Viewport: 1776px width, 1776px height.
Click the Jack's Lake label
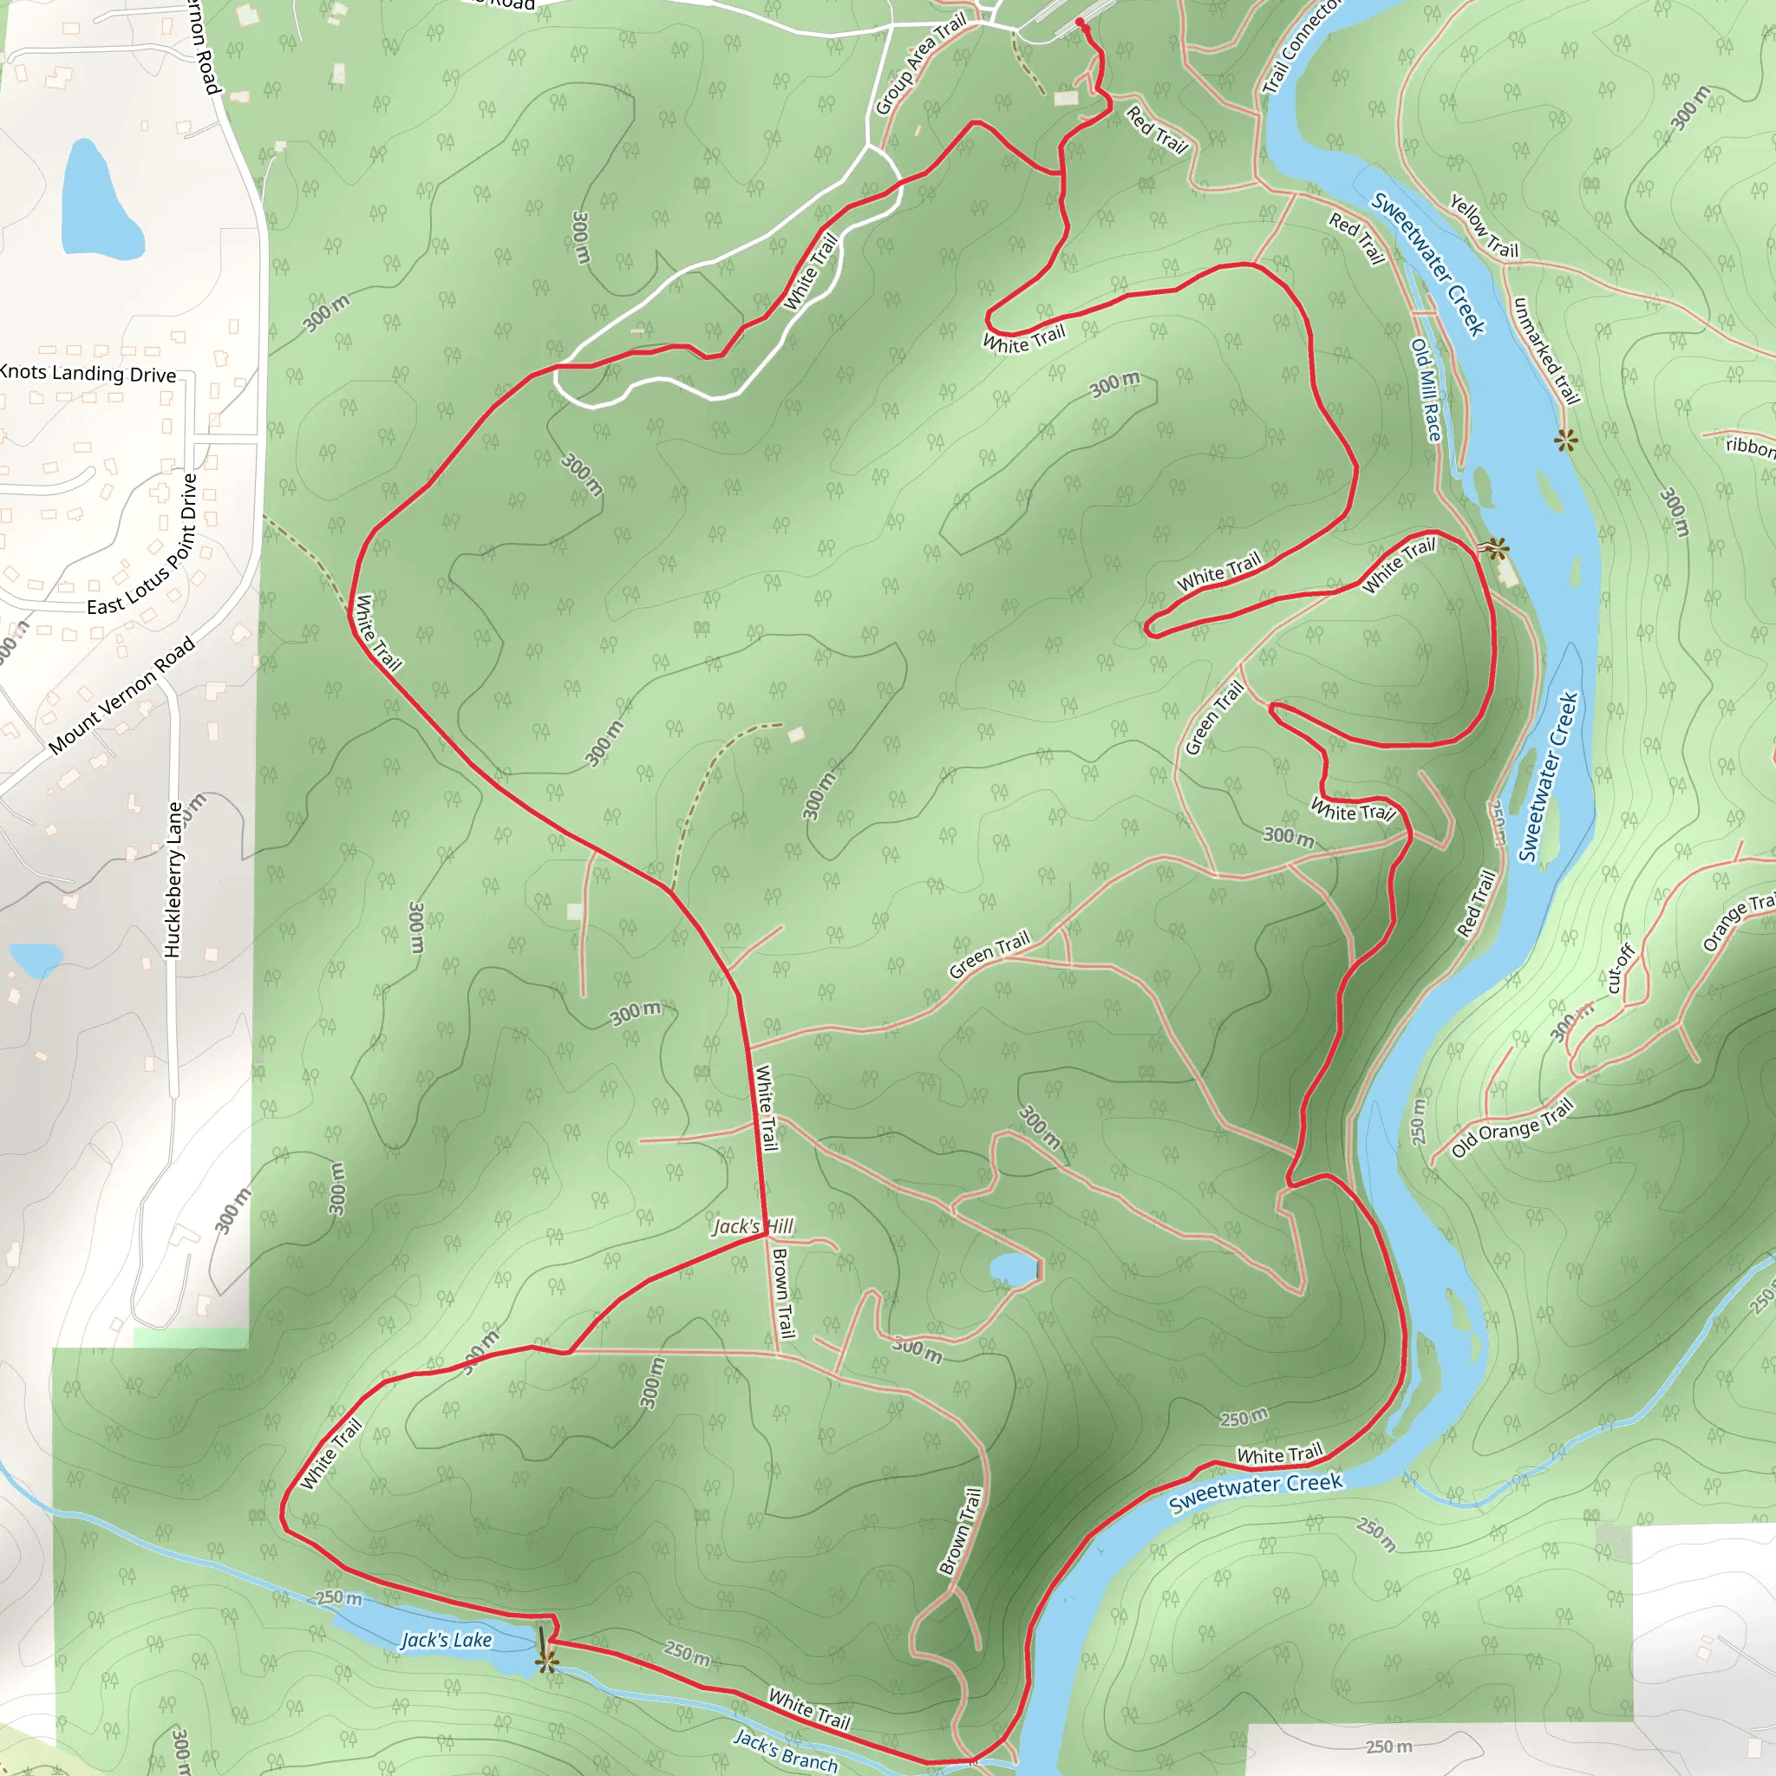pyautogui.click(x=447, y=1640)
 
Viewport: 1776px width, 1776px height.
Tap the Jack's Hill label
pyautogui.click(x=753, y=1226)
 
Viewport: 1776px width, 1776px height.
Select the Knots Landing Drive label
pyautogui.click(x=88, y=372)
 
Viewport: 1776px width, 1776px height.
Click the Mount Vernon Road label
pyautogui.click(x=121, y=695)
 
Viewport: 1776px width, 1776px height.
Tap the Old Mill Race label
pyautogui.click(x=1427, y=389)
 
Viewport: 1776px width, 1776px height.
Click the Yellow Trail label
pyautogui.click(x=1484, y=225)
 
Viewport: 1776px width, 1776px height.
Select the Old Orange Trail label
pyautogui.click(x=1512, y=1128)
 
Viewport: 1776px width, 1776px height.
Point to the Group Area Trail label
pyautogui.click(x=920, y=64)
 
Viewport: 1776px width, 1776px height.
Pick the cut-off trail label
pyautogui.click(x=1620, y=969)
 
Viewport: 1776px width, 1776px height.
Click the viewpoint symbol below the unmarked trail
pyautogui.click(x=1565, y=441)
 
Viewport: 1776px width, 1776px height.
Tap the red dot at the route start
pyautogui.click(x=1079, y=22)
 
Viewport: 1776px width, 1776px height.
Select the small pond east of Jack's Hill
pyautogui.click(x=1013, y=1270)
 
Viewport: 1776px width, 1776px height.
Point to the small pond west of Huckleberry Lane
pyautogui.click(x=35, y=959)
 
